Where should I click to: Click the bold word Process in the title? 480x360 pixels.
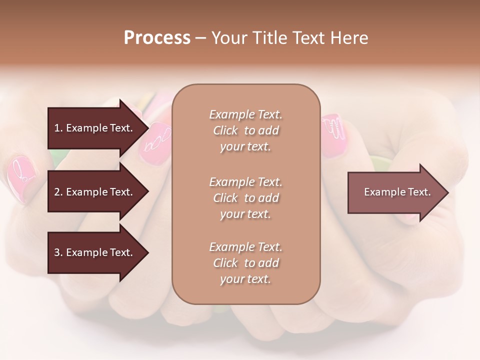pyautogui.click(x=157, y=38)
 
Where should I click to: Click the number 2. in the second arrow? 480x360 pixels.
pyautogui.click(x=58, y=192)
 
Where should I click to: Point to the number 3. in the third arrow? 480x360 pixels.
pyautogui.click(x=58, y=252)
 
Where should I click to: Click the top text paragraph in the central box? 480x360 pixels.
pyautogui.click(x=245, y=130)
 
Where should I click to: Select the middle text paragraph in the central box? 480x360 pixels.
pyautogui.click(x=245, y=198)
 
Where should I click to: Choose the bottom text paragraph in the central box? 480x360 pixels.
pyautogui.click(x=245, y=263)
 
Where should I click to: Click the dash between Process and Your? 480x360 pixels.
pyautogui.click(x=200, y=38)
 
